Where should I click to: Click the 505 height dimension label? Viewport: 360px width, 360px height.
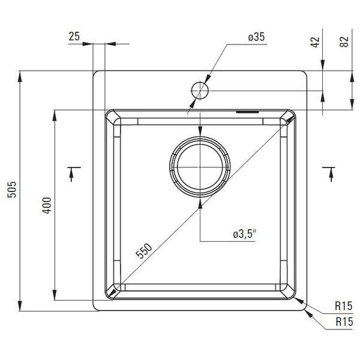pos(10,191)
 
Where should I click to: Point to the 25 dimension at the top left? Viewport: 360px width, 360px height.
pos(74,37)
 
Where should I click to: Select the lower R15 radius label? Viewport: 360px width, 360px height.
pos(343,322)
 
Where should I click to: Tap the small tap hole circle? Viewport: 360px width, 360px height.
pos(200,91)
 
